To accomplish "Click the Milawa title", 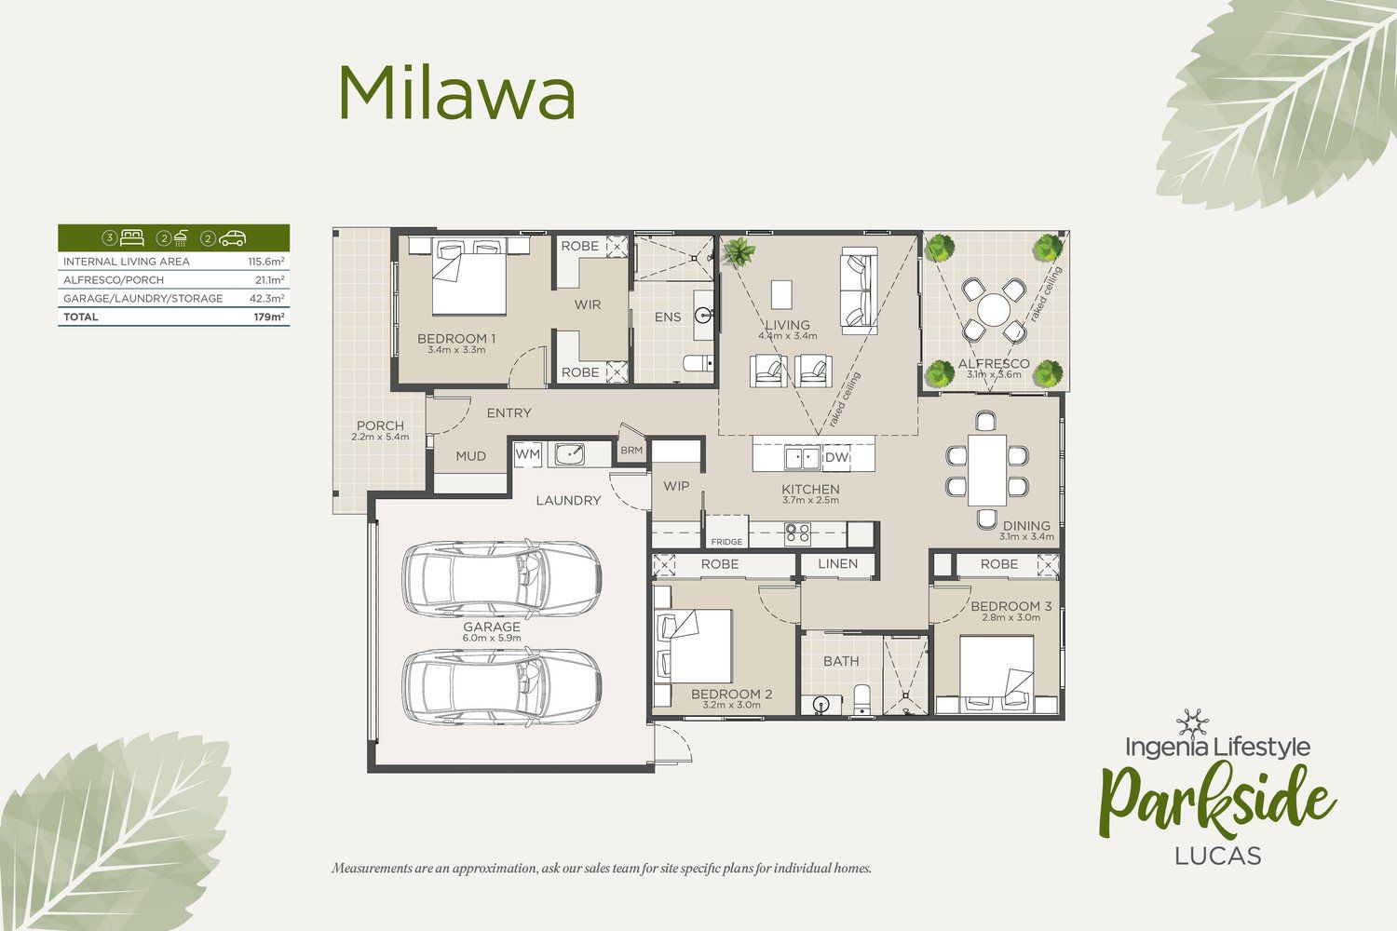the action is click(x=456, y=93).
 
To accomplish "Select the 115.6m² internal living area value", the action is click(x=266, y=262).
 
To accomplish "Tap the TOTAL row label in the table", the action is click(x=80, y=317).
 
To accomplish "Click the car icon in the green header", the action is click(x=232, y=237).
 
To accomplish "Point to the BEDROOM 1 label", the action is click(x=456, y=339).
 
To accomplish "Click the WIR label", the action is click(x=588, y=305).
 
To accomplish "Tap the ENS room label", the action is click(x=668, y=317).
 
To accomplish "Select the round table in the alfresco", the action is click(x=994, y=310).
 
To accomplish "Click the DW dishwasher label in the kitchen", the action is click(x=836, y=457).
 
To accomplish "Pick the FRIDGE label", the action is click(x=726, y=542).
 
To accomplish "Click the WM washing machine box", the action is click(x=528, y=454).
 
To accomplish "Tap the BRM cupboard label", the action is click(x=631, y=451).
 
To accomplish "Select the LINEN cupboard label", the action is click(x=837, y=564).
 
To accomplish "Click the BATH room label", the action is click(x=841, y=661).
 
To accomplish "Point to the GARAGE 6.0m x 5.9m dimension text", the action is click(x=492, y=639).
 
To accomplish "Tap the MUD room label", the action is click(x=471, y=456).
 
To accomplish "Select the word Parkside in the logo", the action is click(x=1216, y=799).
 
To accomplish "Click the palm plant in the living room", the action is click(x=739, y=252).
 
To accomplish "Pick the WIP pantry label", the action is click(x=676, y=486).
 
